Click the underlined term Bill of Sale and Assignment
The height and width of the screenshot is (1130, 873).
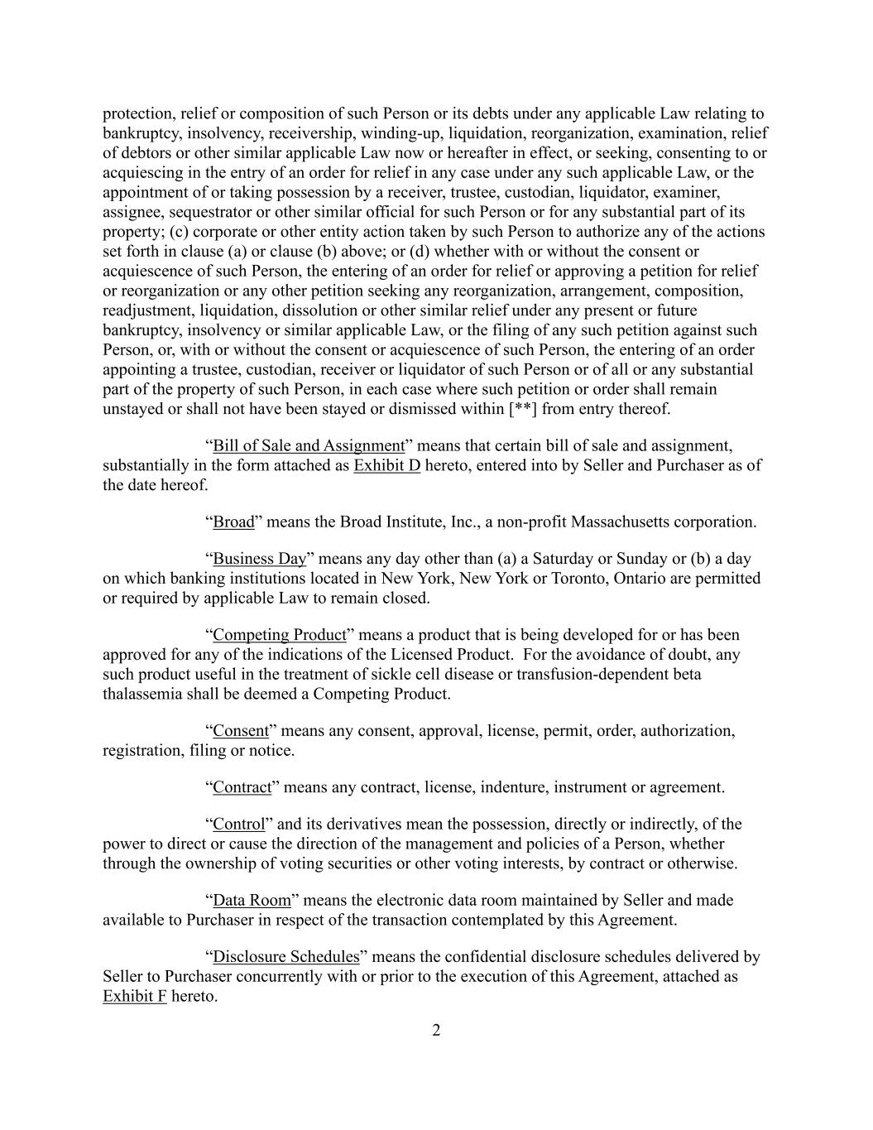pos(309,445)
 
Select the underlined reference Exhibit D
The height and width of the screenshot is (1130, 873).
pos(386,465)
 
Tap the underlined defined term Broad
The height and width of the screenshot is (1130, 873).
pos(233,522)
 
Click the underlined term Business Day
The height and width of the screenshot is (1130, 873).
pos(259,559)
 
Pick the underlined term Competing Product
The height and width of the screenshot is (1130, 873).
pos(279,635)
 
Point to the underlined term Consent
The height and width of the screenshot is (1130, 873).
pos(241,731)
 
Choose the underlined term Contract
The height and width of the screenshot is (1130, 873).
pos(242,787)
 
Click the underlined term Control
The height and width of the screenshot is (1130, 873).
pos(238,825)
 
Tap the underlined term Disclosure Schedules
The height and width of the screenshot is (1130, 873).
pos(285,957)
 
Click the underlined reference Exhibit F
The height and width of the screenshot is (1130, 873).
pos(134,996)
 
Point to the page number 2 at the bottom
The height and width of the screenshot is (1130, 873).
pos(436,1031)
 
